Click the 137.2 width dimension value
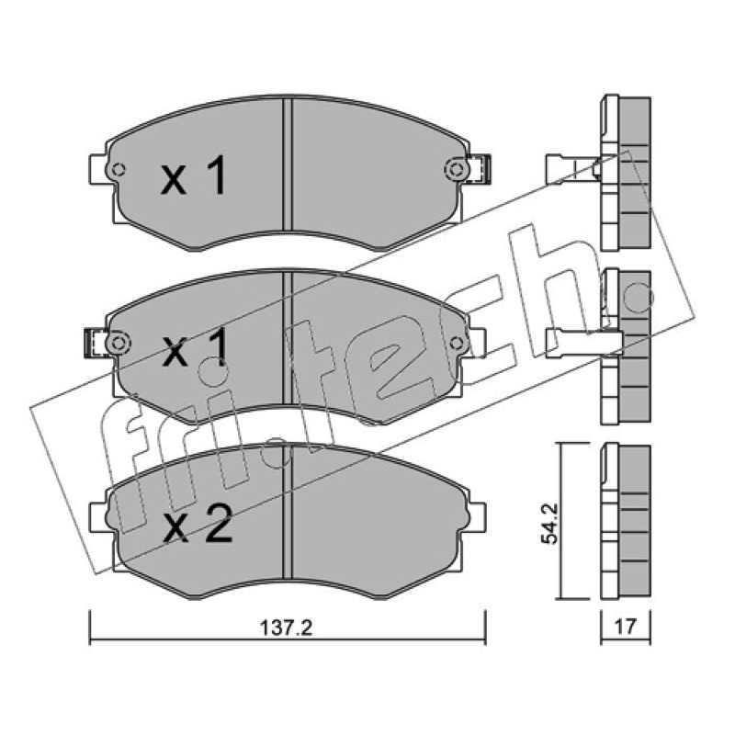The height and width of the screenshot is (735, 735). click(286, 628)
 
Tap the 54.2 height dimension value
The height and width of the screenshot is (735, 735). click(549, 523)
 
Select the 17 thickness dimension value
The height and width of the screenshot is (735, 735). click(626, 627)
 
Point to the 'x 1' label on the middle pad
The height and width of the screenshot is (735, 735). click(195, 347)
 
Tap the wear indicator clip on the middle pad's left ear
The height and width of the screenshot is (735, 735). click(95, 343)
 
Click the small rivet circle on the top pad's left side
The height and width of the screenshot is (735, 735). click(119, 169)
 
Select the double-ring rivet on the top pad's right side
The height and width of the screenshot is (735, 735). click(456, 169)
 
